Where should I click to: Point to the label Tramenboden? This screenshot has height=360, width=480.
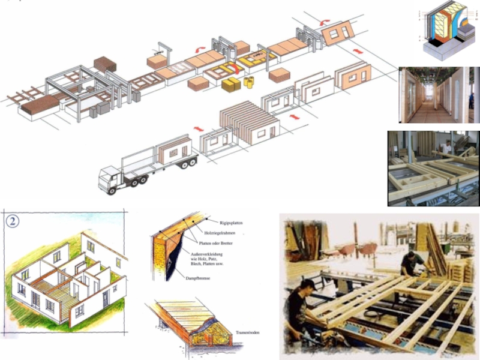tap(247, 332)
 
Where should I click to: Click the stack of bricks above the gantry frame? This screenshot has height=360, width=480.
tap(105, 64)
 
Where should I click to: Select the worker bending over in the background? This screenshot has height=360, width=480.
tap(413, 263)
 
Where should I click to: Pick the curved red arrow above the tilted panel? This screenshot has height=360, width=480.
tap(325, 22)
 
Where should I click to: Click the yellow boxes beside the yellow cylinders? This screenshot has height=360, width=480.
tap(230, 85)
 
